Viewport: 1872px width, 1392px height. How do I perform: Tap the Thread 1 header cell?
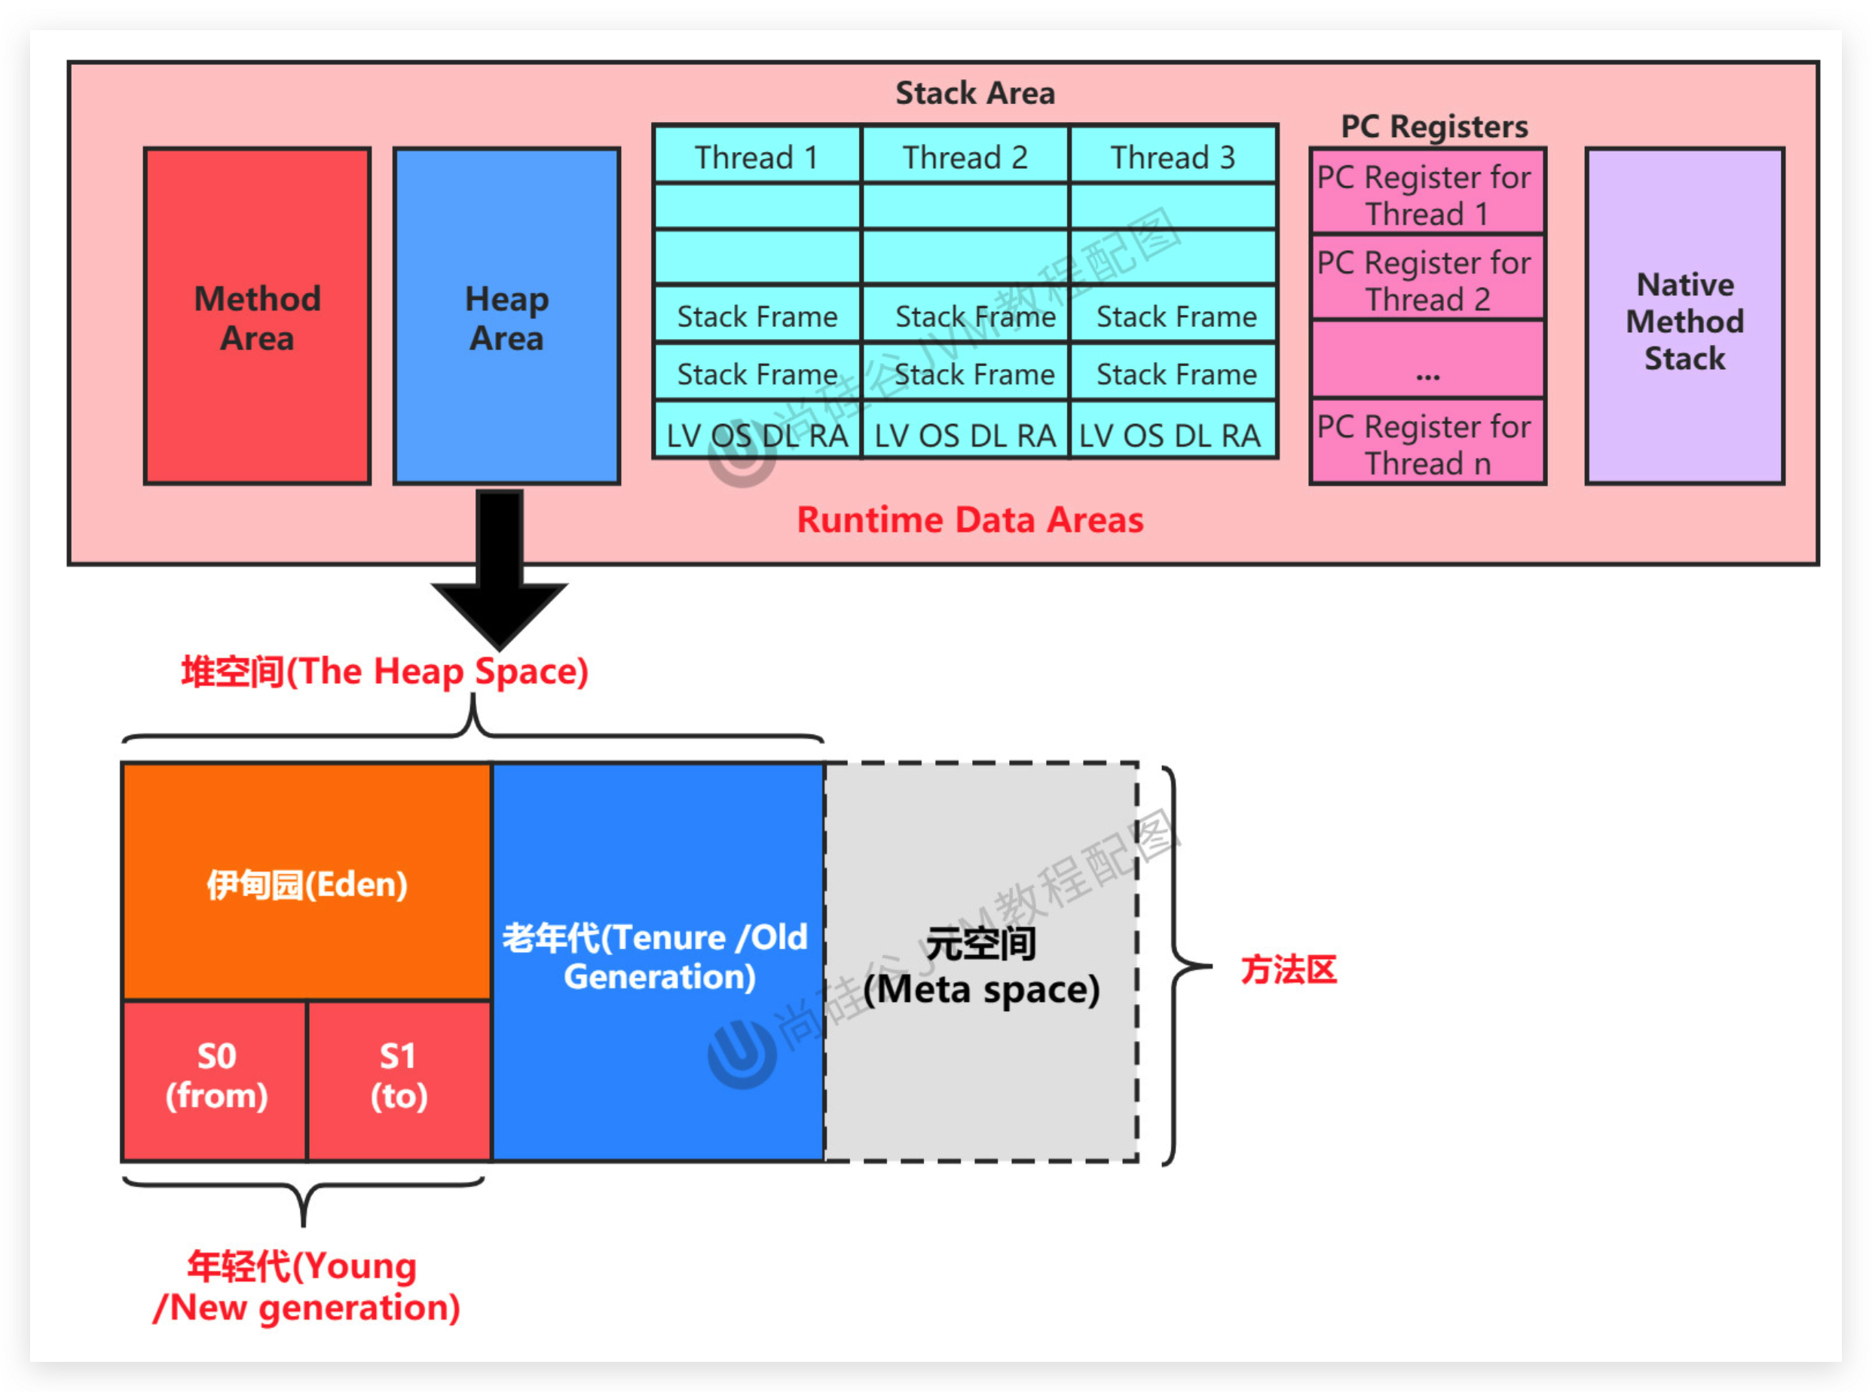click(757, 157)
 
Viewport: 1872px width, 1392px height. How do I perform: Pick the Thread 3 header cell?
click(1173, 157)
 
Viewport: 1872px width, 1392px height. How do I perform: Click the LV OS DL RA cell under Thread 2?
click(965, 435)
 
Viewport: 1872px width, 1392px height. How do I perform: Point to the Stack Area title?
click(974, 93)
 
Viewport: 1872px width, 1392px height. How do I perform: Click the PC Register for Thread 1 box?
click(1427, 194)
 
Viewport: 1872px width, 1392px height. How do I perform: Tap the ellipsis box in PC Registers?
click(1427, 361)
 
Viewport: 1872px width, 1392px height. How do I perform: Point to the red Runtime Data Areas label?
click(970, 519)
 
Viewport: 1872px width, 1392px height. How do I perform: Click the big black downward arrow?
click(500, 573)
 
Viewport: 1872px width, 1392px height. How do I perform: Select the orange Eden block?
click(307, 883)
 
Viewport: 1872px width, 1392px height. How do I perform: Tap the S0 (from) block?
click(216, 1079)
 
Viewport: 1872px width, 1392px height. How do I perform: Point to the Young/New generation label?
click(305, 1286)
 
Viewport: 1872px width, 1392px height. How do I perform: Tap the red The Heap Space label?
click(384, 672)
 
